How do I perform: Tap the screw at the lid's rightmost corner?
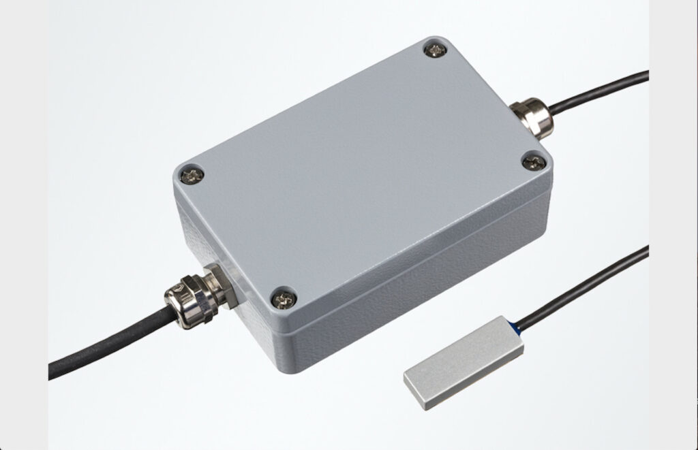click(534, 162)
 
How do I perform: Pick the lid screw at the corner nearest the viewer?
click(282, 297)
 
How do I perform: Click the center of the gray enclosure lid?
click(361, 170)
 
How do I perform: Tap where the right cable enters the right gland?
click(549, 107)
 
